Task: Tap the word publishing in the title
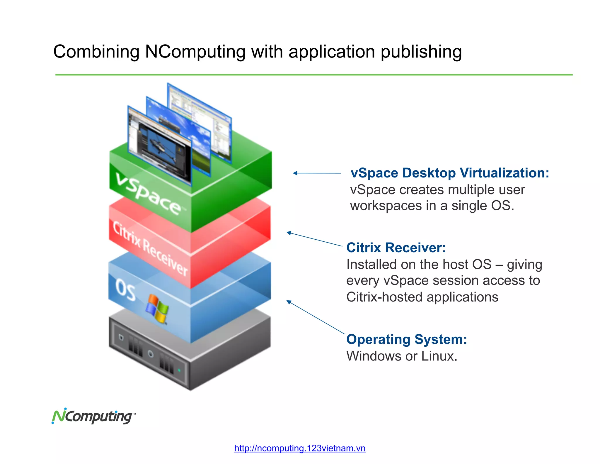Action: [x=421, y=52]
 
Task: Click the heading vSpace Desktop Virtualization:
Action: [x=449, y=173]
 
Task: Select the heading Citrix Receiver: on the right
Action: [x=396, y=248]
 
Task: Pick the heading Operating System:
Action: [x=406, y=339]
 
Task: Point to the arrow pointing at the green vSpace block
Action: [x=316, y=173]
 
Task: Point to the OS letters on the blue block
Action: [x=125, y=289]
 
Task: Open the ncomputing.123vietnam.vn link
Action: [x=300, y=448]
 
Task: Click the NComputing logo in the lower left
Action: [x=93, y=416]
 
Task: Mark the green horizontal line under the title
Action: [x=313, y=75]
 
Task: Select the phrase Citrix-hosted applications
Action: [x=422, y=297]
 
